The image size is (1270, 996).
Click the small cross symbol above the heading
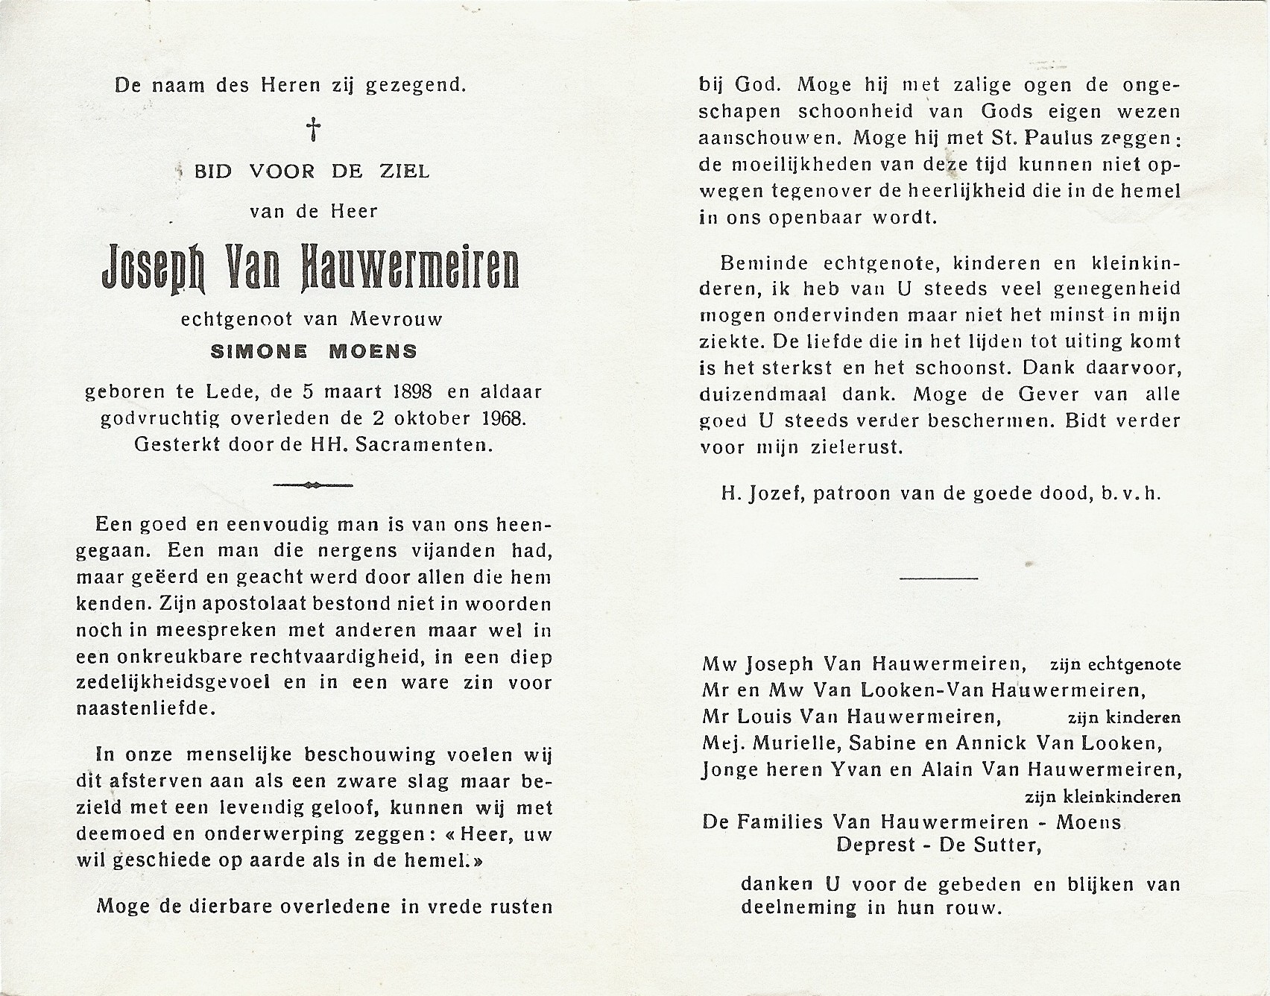tap(315, 129)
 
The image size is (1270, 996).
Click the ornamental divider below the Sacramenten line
tap(313, 485)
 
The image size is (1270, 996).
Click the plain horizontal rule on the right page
tap(938, 578)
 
